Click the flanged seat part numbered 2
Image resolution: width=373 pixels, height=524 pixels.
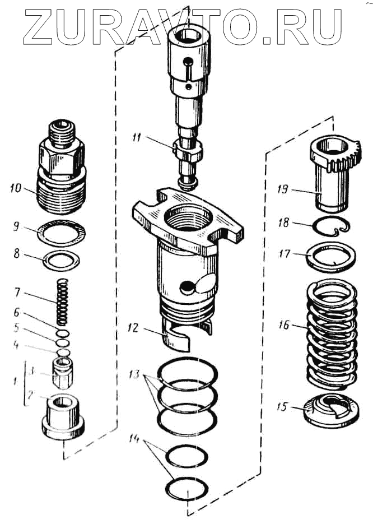pyautogui.click(x=62, y=418)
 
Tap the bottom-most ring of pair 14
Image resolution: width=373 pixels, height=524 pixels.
pyautogui.click(x=187, y=488)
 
